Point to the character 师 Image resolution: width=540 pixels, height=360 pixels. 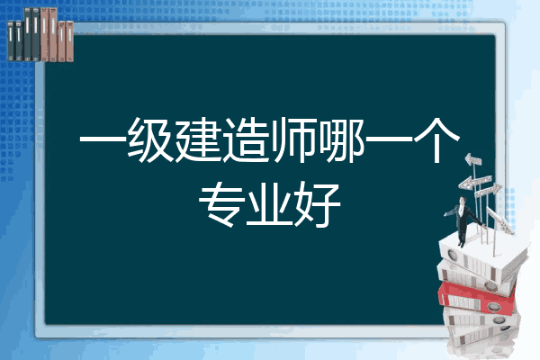[292, 140]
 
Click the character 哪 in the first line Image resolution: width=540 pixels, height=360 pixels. [341, 140]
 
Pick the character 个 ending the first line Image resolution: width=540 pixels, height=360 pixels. [436, 140]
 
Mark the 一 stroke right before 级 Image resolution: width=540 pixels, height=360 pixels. [103, 139]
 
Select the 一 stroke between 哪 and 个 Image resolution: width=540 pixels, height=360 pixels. [389, 139]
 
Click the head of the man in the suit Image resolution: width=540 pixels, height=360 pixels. [463, 200]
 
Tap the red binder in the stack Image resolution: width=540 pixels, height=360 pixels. [477, 298]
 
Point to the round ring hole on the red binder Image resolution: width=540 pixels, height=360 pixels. [493, 307]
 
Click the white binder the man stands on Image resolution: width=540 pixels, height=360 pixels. [482, 257]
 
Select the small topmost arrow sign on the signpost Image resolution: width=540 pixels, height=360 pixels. [473, 159]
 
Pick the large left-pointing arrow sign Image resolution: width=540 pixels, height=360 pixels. [474, 182]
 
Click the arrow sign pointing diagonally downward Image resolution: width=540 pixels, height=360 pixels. [499, 220]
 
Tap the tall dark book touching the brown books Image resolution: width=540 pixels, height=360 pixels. [36, 34]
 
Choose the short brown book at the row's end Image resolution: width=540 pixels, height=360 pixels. [69, 41]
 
